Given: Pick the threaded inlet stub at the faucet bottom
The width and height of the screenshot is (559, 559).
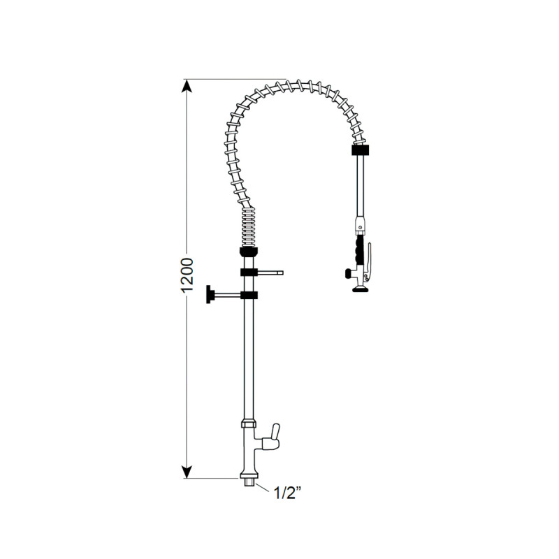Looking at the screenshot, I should coord(247,481).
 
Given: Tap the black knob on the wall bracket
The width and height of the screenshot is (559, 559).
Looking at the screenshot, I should coord(208,296).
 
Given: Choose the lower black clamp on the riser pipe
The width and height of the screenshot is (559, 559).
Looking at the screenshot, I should coord(249,296).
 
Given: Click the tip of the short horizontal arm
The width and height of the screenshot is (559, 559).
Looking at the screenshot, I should coord(282,273).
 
